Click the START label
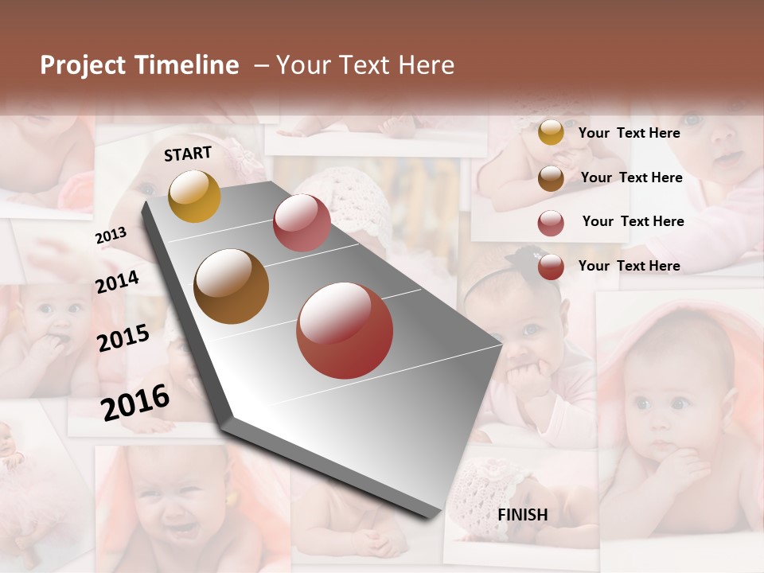[188, 154]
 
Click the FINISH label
[523, 515]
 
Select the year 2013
[111, 236]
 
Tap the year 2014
[117, 282]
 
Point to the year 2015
[123, 338]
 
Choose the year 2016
[135, 402]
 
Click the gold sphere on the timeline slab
[194, 196]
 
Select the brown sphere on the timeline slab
[232, 286]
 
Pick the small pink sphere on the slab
[302, 223]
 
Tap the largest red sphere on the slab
[345, 330]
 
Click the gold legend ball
[551, 132]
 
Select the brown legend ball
[551, 178]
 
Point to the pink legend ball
[551, 223]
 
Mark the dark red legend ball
[551, 267]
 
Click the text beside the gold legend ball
[629, 133]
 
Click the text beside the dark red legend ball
[629, 266]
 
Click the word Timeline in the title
[187, 65]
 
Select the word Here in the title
[427, 65]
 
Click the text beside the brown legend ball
[631, 177]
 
